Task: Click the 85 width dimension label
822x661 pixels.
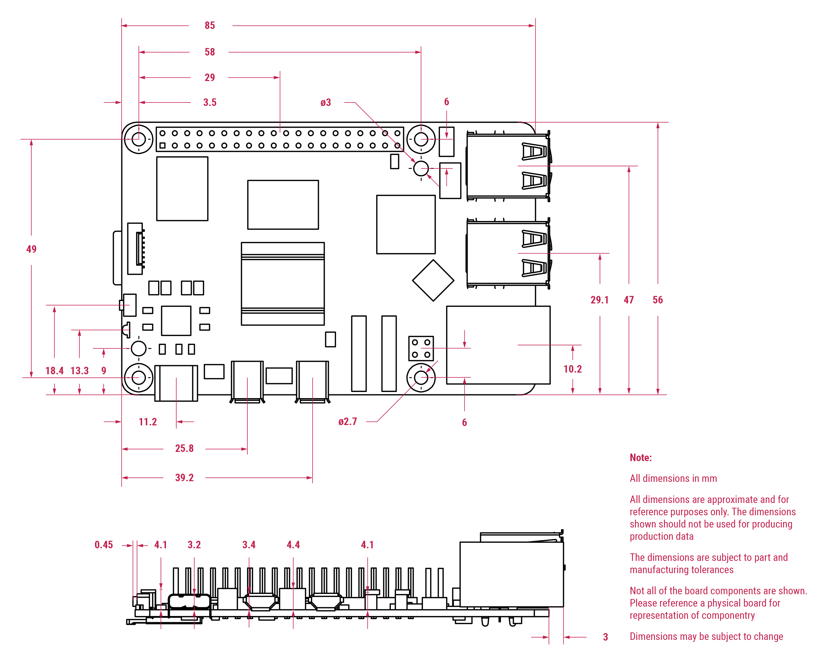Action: tap(210, 26)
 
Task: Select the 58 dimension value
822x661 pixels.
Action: tap(210, 52)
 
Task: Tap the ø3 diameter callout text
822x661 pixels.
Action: tap(325, 103)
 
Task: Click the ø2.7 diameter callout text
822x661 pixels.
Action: tap(348, 421)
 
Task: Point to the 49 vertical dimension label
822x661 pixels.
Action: tap(31, 249)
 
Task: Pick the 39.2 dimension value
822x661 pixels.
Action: tap(184, 478)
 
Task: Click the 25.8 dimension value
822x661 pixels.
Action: tap(184, 448)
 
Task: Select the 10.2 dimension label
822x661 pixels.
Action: tap(573, 369)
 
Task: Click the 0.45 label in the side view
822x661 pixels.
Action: tap(104, 545)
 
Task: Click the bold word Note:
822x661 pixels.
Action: tap(640, 458)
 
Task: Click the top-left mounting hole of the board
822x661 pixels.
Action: tap(139, 139)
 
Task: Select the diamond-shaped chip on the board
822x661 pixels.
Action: tap(433, 280)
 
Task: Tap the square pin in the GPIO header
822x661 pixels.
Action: tap(163, 145)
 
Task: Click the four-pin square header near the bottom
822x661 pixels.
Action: tap(421, 348)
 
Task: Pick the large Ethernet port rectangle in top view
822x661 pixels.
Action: tap(498, 345)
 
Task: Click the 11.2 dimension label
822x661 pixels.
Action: tap(148, 422)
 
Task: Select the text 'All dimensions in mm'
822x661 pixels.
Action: tap(673, 478)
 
